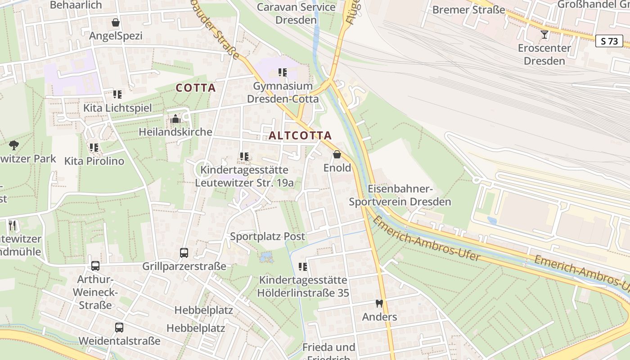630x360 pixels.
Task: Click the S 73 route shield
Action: coord(609,41)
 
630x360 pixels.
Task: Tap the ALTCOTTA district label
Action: coord(300,135)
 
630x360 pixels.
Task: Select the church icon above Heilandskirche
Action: coord(175,119)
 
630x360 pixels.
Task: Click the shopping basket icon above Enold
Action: coord(337,155)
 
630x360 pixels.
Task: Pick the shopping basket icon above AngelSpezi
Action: coord(116,22)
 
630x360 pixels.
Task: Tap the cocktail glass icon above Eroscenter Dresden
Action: coord(544,35)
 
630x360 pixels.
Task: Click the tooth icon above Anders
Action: coord(379,304)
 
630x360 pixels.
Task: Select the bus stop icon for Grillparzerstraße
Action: coord(184,252)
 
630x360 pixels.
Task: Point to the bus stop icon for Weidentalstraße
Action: coord(119,328)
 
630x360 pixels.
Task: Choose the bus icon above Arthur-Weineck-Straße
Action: coord(95,265)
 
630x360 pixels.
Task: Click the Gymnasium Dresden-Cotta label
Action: coord(283,92)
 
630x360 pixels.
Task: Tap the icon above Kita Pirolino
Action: coord(94,147)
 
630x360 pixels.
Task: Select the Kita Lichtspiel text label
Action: coord(117,108)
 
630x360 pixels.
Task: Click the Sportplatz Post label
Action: coord(267,236)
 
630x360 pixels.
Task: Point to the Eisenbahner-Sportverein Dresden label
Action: coord(400,195)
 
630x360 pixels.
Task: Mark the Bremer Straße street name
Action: coord(468,9)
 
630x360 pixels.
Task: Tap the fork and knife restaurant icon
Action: coord(12,225)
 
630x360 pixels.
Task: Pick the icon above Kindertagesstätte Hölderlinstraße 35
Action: coord(303,267)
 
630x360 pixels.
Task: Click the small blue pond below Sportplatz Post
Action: coord(266,257)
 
